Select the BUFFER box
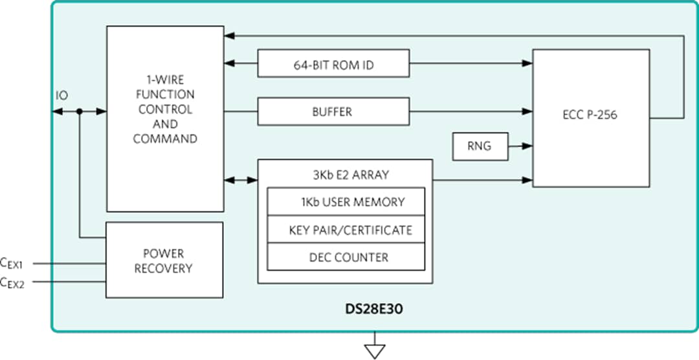pos(333,111)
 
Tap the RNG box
pos(480,146)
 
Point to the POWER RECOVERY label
pos(164,260)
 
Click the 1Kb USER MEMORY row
pos(346,202)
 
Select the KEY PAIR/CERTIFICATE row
pos(346,230)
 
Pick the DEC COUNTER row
pos(346,257)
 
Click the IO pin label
pos(61,96)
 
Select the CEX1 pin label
pos(12,264)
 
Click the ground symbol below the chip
pos(375,350)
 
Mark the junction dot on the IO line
pos(79,111)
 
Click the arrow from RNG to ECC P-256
pos(520,146)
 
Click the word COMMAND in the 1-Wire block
pos(164,139)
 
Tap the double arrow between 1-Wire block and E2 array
pos(240,179)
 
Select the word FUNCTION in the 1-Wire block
pos(164,95)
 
